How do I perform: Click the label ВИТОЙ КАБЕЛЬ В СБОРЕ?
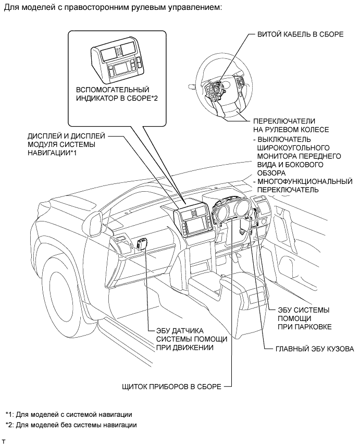[300, 34]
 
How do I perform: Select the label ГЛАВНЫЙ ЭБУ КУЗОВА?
[315, 349]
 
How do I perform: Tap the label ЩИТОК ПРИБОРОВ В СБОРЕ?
[171, 386]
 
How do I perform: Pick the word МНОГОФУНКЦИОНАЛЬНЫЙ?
[305, 181]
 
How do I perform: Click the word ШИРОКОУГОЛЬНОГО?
[293, 148]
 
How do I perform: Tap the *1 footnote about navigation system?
[69, 414]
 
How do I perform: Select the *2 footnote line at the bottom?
[71, 425]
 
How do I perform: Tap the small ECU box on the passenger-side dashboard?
[141, 243]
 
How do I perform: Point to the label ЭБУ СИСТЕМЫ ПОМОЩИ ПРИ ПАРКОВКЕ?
[304, 318]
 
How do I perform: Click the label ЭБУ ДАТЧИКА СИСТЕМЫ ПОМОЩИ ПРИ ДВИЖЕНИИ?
[192, 339]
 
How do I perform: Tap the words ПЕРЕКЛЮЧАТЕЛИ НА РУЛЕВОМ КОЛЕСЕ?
[291, 126]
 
